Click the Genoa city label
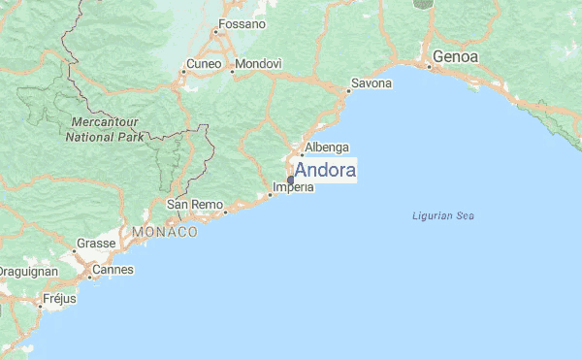pos(456,57)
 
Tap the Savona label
pos(371,83)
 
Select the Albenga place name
pos(326,148)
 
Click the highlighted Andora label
pos(325,171)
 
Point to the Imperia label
pos(293,187)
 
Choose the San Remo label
pos(189,205)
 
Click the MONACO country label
pos(165,233)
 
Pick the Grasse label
pos(97,244)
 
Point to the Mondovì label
pos(259,64)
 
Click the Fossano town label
pos(242,23)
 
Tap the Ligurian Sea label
pos(442,215)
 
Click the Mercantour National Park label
pos(105,130)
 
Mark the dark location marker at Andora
pos(290,180)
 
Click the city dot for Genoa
pos(429,66)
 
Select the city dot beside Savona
pos(348,91)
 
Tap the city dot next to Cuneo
pos(183,72)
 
